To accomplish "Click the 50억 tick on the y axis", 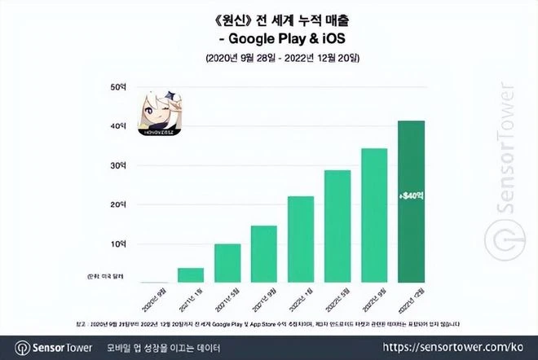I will click(119, 86).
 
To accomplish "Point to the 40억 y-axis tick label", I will click(119, 125).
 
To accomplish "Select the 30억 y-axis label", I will click(119, 165).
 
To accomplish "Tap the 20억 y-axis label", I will click(119, 204).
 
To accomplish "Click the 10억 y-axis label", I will click(119, 244).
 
